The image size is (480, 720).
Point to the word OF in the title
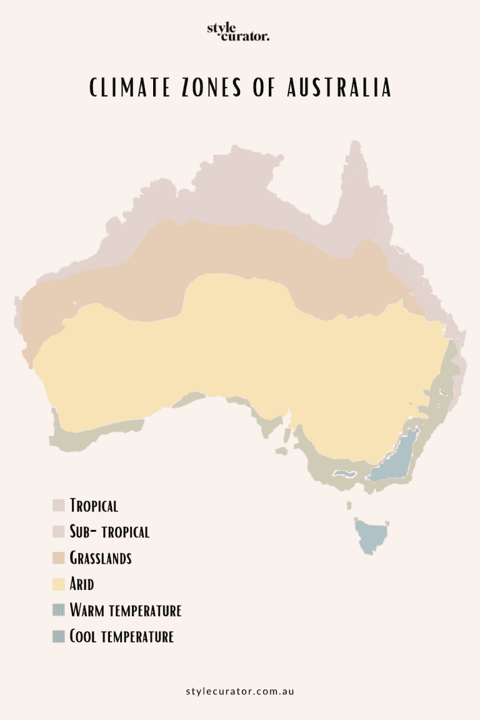[x=266, y=88]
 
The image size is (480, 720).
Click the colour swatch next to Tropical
[x=59, y=505]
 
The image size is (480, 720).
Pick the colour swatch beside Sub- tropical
[x=59, y=532]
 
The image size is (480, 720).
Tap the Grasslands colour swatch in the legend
[x=59, y=557]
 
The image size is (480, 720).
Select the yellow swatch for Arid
[x=59, y=584]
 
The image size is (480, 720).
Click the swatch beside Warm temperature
[x=59, y=610]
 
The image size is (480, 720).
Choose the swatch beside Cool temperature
[x=59, y=637]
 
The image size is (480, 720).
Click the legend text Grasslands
[x=101, y=557]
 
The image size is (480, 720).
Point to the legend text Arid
[x=82, y=584]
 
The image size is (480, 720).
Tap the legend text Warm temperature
[x=126, y=610]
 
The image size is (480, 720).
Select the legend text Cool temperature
[x=121, y=637]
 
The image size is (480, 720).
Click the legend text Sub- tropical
[x=109, y=532]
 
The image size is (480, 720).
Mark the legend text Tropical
[x=94, y=505]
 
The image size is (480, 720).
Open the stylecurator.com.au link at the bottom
[x=240, y=691]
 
